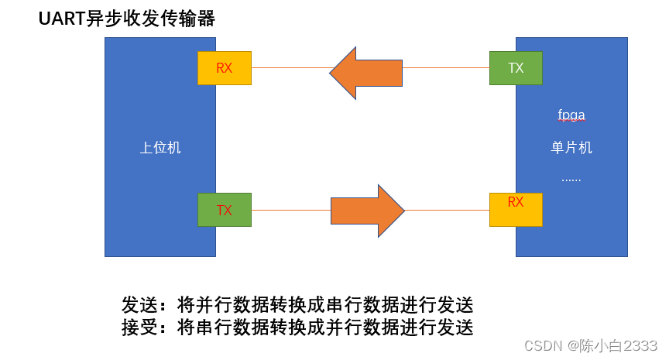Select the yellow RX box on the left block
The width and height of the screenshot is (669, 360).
[x=225, y=68]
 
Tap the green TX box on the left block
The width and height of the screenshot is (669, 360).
[x=225, y=210]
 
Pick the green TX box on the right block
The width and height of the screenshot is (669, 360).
[x=516, y=68]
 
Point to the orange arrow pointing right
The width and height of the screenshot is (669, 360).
[x=367, y=211]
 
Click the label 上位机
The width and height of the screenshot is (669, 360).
[x=160, y=148]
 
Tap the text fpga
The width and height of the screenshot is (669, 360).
[x=571, y=115]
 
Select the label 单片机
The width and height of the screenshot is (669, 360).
[x=571, y=148]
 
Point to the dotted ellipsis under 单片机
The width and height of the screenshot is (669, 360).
[x=571, y=179]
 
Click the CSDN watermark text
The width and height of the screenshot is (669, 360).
[x=543, y=345]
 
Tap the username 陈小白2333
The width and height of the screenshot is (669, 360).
[x=619, y=345]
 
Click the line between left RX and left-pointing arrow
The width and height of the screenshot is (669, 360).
[x=290, y=68]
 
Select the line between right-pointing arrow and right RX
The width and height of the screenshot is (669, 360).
[x=448, y=210]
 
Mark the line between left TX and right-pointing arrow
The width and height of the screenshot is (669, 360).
[x=291, y=210]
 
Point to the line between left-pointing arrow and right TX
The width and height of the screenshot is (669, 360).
[x=446, y=68]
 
